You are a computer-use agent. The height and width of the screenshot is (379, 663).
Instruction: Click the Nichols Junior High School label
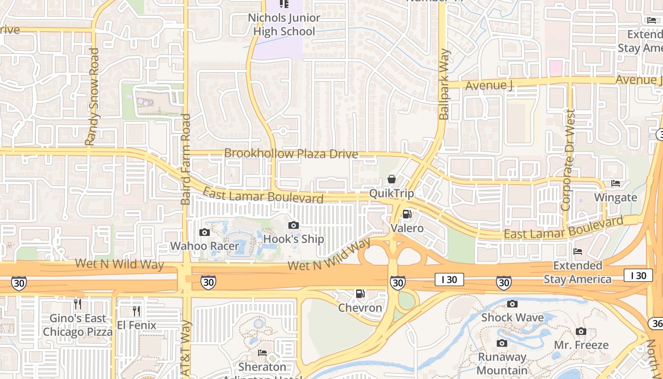tap(284, 25)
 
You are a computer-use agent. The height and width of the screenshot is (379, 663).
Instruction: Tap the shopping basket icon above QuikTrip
tap(392, 179)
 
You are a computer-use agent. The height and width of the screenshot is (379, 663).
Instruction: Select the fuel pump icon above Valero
tap(407, 214)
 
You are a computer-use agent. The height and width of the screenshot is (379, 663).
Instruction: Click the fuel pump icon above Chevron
tap(360, 294)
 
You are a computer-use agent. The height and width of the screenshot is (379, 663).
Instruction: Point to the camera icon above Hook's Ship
tap(294, 225)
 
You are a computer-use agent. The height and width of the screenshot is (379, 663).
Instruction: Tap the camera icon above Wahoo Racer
tap(205, 232)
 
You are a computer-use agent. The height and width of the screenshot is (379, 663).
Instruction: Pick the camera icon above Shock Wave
tap(512, 304)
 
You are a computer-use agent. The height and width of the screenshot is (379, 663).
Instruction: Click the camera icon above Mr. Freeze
tap(581, 331)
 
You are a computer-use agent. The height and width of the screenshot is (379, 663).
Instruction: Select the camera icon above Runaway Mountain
tap(502, 343)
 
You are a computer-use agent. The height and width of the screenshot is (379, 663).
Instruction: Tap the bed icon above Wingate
tap(616, 183)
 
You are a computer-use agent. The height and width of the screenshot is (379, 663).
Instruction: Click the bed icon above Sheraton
tap(262, 353)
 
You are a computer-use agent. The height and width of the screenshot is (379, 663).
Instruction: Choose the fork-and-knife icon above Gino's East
tap(78, 304)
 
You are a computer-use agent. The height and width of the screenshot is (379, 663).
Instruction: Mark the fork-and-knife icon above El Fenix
tap(136, 311)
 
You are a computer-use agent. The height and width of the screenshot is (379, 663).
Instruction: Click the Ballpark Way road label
tap(444, 84)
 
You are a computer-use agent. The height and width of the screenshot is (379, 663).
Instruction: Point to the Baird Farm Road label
tap(186, 159)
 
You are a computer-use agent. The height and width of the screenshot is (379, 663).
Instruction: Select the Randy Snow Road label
tap(92, 97)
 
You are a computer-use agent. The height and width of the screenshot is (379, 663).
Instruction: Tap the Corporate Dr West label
tap(568, 160)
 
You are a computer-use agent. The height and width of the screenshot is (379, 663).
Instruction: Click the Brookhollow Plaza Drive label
tap(291, 153)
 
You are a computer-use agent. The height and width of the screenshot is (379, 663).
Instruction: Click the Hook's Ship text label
tap(294, 239)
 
